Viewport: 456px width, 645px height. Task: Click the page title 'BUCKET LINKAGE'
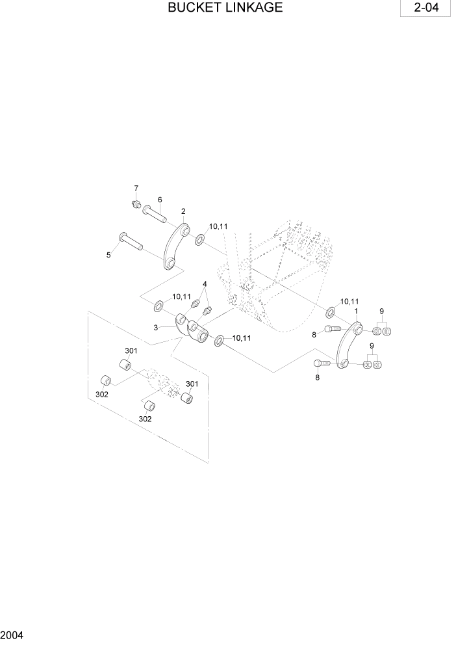pos(225,8)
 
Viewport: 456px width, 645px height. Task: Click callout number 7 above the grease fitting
pos(136,189)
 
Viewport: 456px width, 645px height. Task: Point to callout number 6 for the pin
pos(159,200)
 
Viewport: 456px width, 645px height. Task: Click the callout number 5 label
pos(108,256)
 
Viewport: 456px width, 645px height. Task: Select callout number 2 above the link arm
pos(183,211)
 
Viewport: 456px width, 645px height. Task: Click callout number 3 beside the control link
pos(156,327)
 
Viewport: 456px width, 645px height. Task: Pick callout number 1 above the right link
pos(356,312)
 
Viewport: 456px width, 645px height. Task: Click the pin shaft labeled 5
pos(133,243)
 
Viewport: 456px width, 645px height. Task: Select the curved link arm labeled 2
pos(175,247)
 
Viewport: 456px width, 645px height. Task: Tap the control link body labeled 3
pos(192,328)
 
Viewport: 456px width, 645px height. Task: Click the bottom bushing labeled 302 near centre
pos(148,406)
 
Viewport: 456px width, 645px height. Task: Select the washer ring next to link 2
pos(199,241)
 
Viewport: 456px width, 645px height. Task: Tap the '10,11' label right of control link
pos(241,338)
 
